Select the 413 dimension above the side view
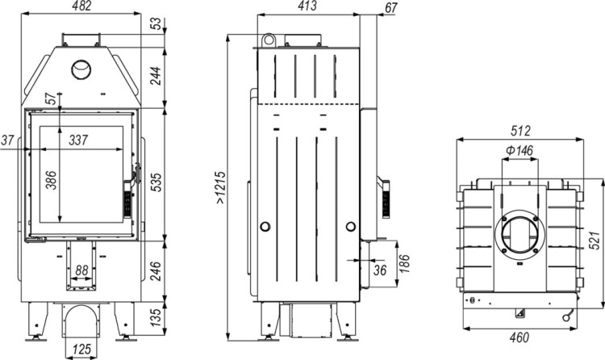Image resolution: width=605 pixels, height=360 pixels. coord(307,6)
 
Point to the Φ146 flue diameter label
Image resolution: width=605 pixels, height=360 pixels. coord(520,150)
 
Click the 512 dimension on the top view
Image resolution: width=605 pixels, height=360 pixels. coord(519,130)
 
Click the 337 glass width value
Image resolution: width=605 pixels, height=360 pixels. coord(78,140)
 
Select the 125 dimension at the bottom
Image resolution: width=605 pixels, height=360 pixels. coord(79,350)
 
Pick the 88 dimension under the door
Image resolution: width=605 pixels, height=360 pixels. coord(81,270)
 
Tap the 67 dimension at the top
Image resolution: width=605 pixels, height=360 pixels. coord(392,7)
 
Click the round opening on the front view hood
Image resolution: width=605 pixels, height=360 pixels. coord(81,70)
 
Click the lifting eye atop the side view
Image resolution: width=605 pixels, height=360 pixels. coord(268,40)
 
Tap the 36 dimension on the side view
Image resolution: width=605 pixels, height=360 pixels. coord(379,270)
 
